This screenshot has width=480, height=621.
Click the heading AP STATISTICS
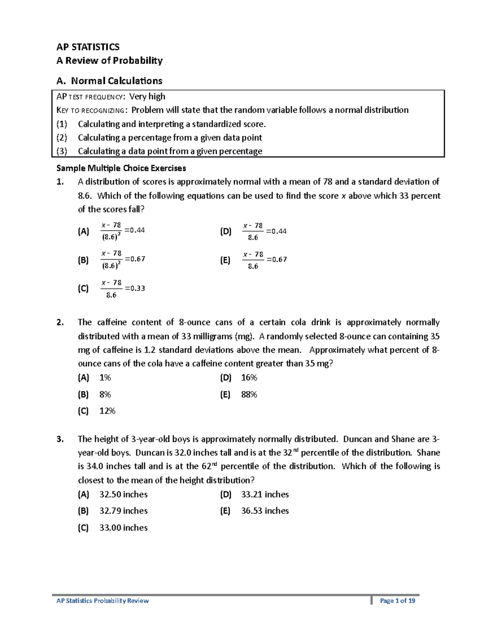click(88, 47)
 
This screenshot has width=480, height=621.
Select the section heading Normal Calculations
click(116, 81)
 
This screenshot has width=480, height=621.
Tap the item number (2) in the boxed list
click(62, 138)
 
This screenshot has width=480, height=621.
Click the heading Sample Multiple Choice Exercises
click(121, 168)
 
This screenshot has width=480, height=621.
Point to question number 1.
click(60, 182)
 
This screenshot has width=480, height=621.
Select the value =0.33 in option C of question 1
click(135, 288)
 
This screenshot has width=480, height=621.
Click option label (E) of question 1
click(225, 260)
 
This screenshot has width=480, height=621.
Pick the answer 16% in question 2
click(249, 377)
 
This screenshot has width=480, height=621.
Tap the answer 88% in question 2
click(249, 395)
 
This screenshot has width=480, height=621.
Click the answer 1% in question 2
click(105, 377)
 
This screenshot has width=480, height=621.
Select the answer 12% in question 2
click(107, 411)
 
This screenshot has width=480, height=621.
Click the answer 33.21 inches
click(265, 494)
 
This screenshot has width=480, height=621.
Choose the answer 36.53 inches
click(265, 511)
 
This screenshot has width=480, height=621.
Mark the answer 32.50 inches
click(123, 494)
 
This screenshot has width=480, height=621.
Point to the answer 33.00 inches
click(123, 528)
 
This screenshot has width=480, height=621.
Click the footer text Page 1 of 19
click(397, 601)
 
